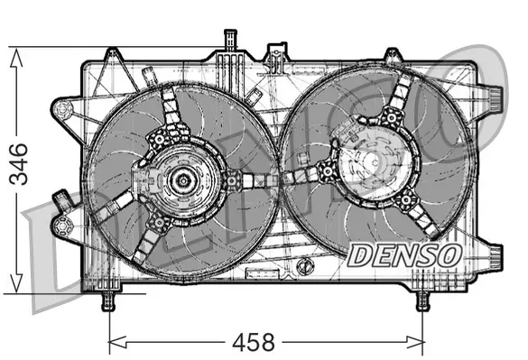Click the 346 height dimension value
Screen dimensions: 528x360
point(19,164)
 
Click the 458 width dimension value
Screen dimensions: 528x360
point(254,343)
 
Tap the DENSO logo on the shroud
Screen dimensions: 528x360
point(404,255)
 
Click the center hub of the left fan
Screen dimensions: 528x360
point(183,180)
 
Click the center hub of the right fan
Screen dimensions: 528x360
point(375,163)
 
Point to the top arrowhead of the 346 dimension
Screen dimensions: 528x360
point(16,58)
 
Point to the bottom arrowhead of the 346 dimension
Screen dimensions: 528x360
point(16,283)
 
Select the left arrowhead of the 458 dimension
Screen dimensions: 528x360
point(118,342)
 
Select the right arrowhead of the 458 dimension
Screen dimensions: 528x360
point(415,342)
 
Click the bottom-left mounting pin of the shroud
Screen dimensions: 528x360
point(108,300)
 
